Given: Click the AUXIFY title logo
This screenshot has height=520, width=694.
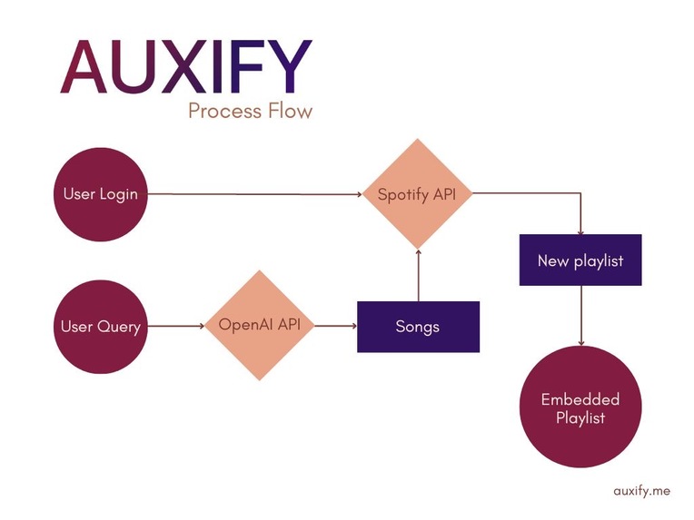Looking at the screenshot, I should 186,68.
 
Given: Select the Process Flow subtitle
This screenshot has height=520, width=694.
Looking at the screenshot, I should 250,112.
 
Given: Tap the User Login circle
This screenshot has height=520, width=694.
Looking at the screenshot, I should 100,194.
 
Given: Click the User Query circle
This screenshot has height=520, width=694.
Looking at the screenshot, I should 100,326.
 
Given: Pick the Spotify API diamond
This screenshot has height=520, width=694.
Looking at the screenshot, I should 417,194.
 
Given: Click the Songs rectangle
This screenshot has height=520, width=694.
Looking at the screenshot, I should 418,327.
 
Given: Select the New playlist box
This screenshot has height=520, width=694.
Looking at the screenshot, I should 580,260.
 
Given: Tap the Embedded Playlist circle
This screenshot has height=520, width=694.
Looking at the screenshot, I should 580,409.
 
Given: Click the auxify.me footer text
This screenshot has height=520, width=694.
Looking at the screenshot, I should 641,490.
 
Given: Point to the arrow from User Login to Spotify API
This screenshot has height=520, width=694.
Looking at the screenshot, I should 254,194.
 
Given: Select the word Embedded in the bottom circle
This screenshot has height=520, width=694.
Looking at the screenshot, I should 580,400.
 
